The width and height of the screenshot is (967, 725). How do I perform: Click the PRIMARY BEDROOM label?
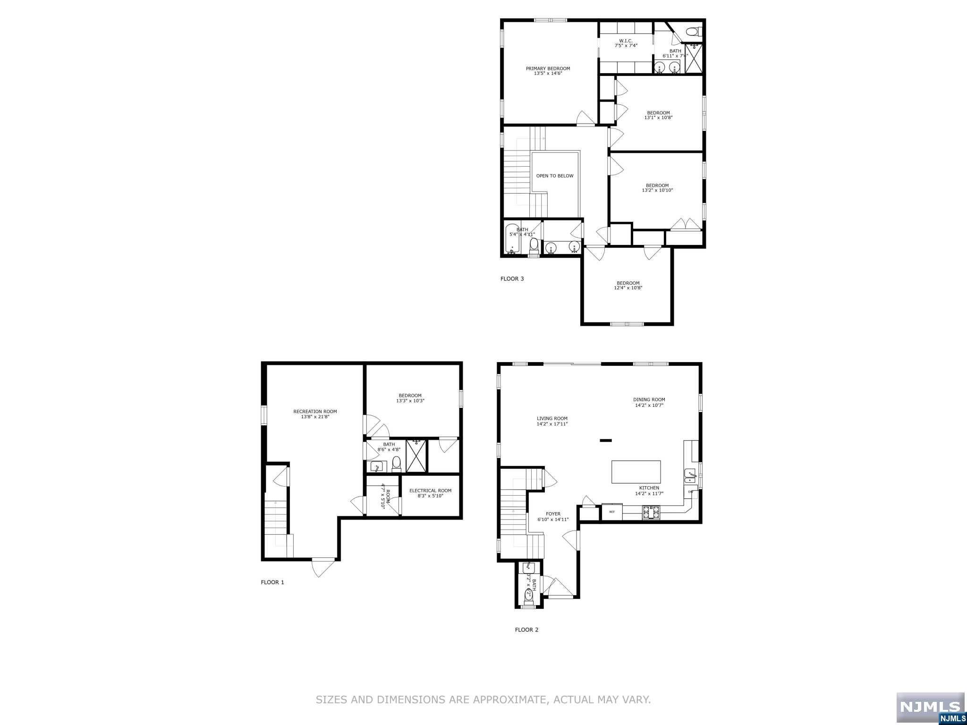tap(548, 68)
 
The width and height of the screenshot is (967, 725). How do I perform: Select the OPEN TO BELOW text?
tap(555, 176)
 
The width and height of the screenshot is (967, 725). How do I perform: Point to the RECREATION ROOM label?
tap(315, 412)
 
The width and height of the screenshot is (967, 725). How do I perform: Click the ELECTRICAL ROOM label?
tap(430, 490)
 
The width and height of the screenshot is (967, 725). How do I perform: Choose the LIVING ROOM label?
tap(552, 419)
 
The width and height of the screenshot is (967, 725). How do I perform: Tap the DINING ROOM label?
tap(649, 400)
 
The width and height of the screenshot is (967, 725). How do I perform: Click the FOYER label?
tap(553, 514)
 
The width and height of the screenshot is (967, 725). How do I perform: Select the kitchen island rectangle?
tap(636, 472)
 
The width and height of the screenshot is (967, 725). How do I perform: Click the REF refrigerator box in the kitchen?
tap(612, 512)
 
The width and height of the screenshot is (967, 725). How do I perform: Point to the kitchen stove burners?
tap(651, 512)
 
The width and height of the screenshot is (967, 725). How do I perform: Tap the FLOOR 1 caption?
tap(272, 582)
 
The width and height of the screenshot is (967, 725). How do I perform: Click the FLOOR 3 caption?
tap(512, 278)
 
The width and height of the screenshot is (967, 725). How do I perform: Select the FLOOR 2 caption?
tap(526, 630)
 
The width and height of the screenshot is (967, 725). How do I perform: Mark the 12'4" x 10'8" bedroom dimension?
tap(628, 288)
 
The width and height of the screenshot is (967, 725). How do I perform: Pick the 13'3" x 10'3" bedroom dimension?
tap(410, 401)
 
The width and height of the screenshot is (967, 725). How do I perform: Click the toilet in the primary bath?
tap(692, 32)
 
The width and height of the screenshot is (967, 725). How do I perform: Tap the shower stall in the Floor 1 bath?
tap(416, 455)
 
